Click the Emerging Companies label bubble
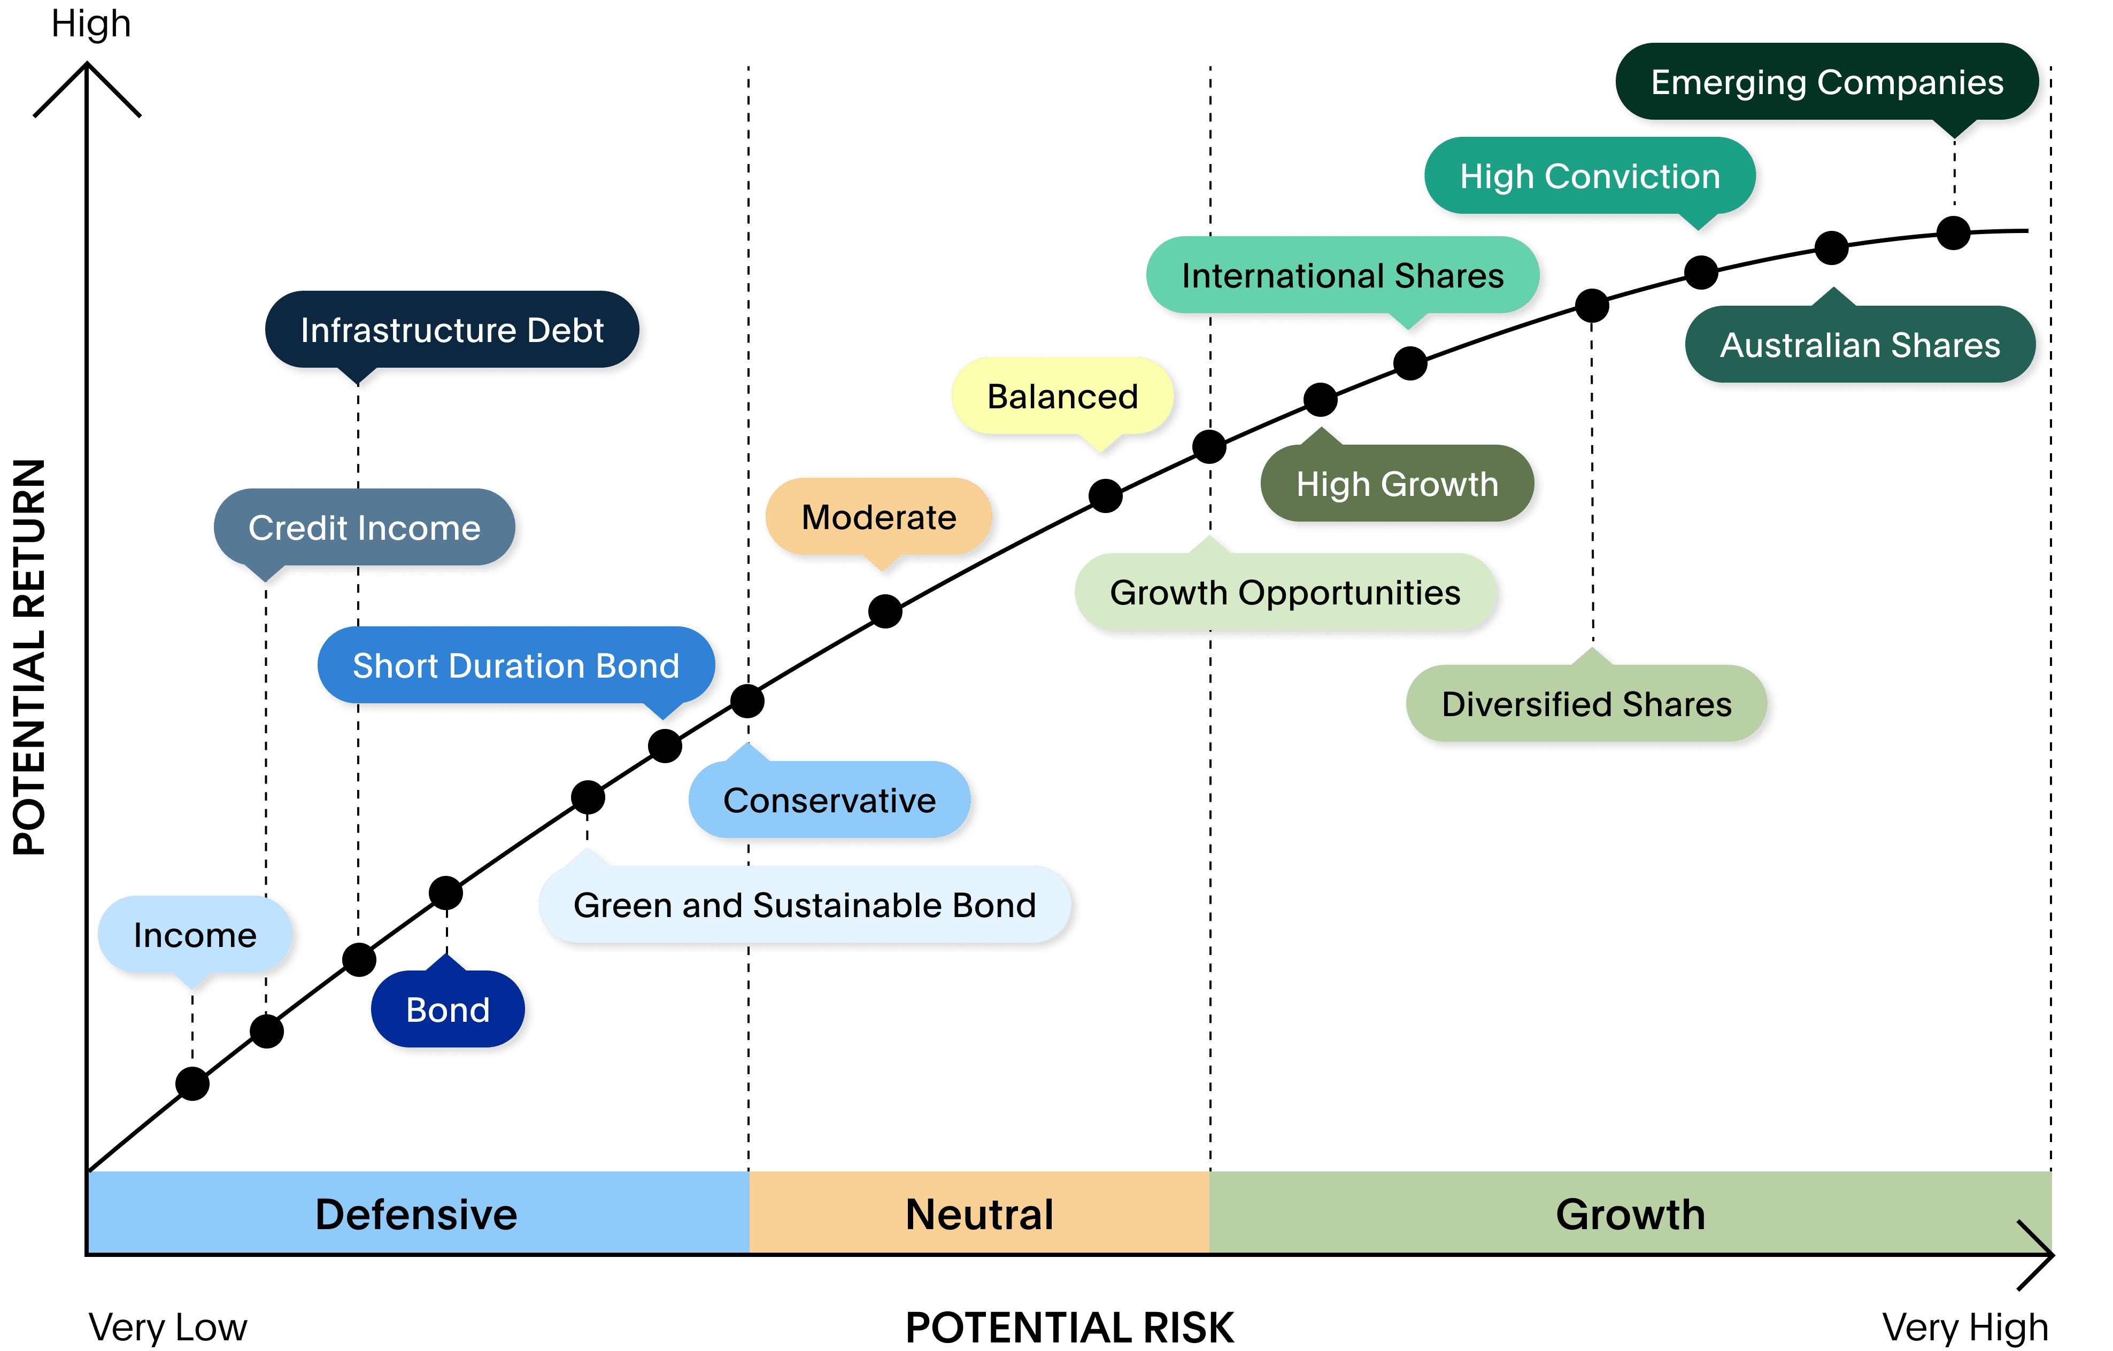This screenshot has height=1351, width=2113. pos(1827,82)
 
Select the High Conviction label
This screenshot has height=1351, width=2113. pos(1589,176)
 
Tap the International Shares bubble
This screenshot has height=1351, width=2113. pos(1343,275)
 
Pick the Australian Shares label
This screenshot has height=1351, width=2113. pos(1860,345)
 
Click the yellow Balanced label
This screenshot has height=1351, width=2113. pos(1062,397)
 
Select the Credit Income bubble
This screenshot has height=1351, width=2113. pos(364,528)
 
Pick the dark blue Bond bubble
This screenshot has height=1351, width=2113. pos(448,1010)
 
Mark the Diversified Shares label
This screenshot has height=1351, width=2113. pos(1586,704)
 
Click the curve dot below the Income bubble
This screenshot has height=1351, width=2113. pos(192,1083)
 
